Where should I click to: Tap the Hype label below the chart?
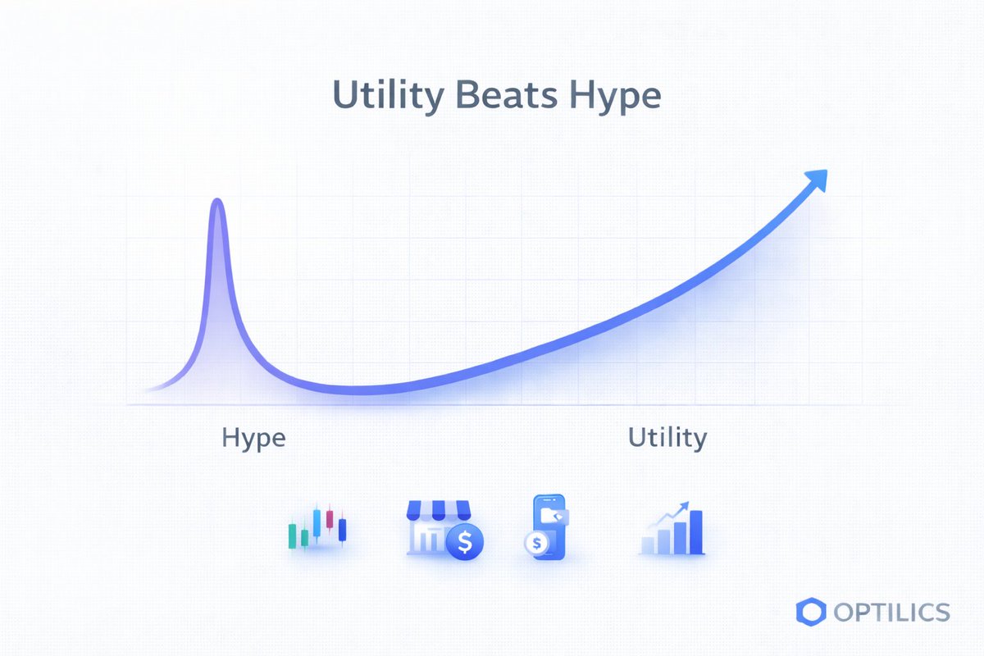pyautogui.click(x=253, y=438)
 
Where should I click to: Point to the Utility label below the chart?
pyautogui.click(x=667, y=438)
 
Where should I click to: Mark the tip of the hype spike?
pyautogui.click(x=217, y=201)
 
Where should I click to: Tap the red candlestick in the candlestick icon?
pyautogui.click(x=330, y=519)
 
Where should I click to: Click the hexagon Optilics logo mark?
pyautogui.click(x=809, y=611)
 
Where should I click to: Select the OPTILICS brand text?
pyautogui.click(x=891, y=612)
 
